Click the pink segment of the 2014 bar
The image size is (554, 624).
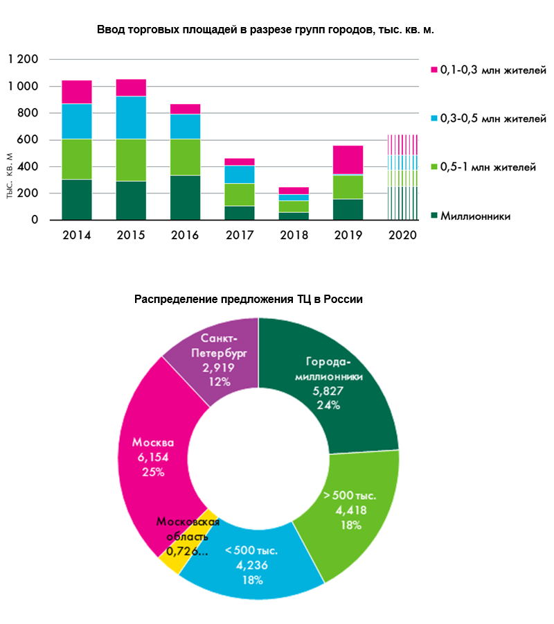(x=76, y=92)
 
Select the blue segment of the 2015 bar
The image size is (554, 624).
(x=131, y=117)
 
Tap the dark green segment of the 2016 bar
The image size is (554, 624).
(x=185, y=198)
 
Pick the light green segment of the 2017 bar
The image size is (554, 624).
(x=240, y=194)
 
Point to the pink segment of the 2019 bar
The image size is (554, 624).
(x=348, y=159)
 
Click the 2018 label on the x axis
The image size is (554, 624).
(x=294, y=235)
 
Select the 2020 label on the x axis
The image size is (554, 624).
(x=402, y=235)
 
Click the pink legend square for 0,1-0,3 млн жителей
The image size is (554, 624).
(x=434, y=71)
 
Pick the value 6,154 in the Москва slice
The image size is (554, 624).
(x=154, y=458)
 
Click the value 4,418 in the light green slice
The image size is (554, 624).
(x=350, y=510)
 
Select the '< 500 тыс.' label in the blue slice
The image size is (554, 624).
(x=251, y=551)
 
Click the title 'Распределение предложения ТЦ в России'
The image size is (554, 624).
(x=249, y=300)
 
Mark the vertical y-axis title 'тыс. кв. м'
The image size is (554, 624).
(x=10, y=179)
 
